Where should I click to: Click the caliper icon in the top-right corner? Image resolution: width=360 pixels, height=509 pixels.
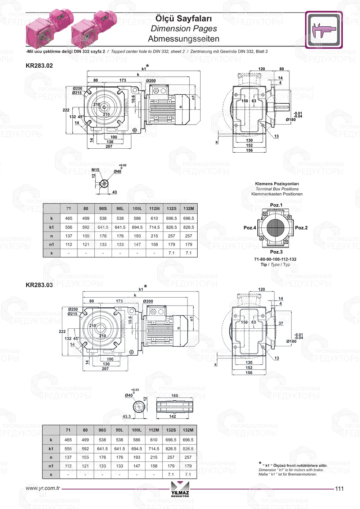(324, 30)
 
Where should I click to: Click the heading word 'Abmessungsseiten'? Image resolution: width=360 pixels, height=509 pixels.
(184, 39)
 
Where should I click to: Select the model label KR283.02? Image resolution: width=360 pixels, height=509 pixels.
(39, 66)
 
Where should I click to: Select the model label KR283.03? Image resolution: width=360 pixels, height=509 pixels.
(39, 285)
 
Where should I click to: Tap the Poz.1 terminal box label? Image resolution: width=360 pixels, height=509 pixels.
(276, 205)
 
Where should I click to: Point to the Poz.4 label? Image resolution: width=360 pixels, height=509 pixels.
(250, 228)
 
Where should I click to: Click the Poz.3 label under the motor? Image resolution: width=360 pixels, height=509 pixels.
(276, 252)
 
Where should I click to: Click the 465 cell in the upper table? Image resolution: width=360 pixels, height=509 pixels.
(69, 219)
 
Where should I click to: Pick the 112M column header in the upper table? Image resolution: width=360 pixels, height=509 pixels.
(154, 208)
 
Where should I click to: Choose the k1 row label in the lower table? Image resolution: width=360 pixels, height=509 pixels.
(51, 449)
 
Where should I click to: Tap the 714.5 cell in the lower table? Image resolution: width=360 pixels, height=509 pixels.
(154, 449)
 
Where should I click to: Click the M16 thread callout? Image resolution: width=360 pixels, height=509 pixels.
(95, 170)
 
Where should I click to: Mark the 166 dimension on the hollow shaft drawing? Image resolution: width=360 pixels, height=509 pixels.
(175, 396)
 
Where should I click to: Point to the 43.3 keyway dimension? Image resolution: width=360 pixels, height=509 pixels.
(127, 416)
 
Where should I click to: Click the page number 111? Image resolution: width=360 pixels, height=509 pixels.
(339, 489)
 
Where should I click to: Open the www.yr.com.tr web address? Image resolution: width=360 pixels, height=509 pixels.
(43, 488)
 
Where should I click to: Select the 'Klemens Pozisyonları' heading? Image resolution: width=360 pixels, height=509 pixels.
(277, 184)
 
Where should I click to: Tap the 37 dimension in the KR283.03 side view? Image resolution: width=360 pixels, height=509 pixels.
(281, 323)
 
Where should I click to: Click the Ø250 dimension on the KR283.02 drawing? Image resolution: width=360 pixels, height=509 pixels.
(77, 88)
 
